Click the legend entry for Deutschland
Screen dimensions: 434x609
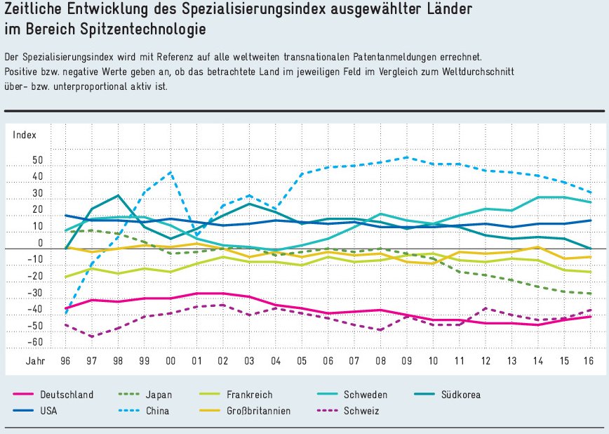[67, 395]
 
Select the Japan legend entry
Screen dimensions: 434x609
[159, 395]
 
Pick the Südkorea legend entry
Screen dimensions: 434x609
[460, 395]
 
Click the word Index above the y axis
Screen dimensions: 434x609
[24, 134]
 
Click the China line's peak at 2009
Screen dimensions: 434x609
[406, 157]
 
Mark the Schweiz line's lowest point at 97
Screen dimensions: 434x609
[92, 337]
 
